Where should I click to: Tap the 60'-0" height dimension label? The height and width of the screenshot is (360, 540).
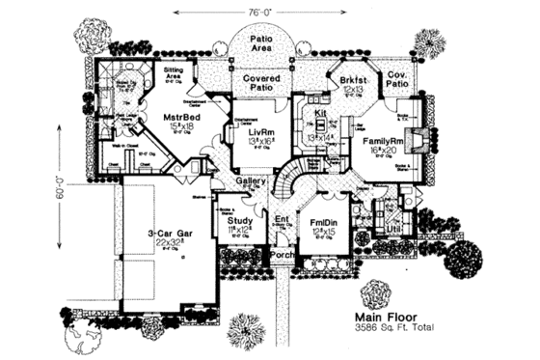click(61, 199)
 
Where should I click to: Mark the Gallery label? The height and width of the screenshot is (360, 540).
click(252, 181)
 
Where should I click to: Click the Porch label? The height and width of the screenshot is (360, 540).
click(283, 255)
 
